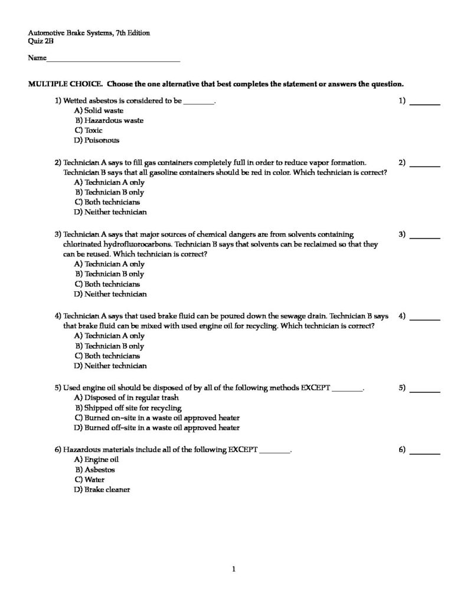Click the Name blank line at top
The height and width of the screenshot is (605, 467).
113,60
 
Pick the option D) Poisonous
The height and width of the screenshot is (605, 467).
97,141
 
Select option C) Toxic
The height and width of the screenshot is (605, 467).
89,131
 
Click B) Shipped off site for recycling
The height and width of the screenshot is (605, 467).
128,408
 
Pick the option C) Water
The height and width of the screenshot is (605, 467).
89,480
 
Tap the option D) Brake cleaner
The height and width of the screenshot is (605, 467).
102,490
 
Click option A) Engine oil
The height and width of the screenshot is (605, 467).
96,460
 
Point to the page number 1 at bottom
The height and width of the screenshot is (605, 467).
234,570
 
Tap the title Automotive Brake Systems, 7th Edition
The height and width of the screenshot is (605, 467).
89,33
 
